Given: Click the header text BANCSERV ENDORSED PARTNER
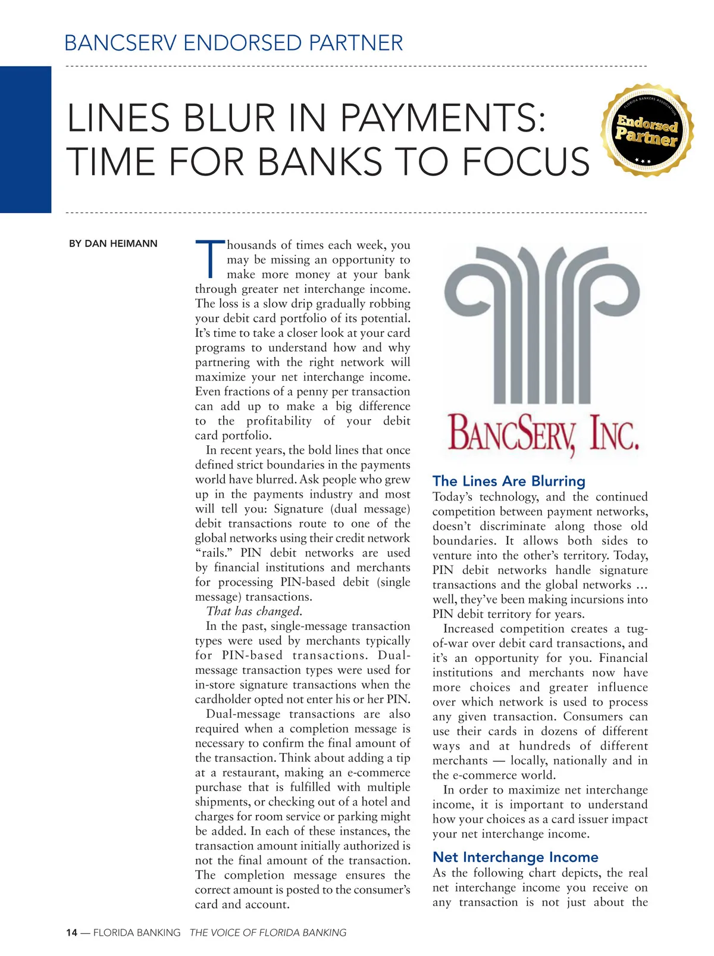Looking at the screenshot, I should click(x=233, y=43).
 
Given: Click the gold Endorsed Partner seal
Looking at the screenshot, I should click(x=647, y=130).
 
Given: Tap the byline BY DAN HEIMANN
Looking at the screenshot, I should click(x=113, y=243).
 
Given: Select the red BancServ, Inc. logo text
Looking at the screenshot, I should click(x=543, y=433).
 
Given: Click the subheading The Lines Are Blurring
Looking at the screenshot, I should click(x=509, y=481).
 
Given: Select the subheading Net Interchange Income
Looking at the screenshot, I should click(x=515, y=857).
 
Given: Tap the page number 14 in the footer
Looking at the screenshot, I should click(x=71, y=933).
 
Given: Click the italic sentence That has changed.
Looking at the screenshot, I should click(x=254, y=611).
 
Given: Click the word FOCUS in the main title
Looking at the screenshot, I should click(x=525, y=162).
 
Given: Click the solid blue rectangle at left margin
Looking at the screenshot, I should click(x=26, y=139).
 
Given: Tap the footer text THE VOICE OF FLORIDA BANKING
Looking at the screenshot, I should click(x=268, y=933).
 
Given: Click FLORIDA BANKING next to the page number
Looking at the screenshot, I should click(x=136, y=933).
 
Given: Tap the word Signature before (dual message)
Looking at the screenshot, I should click(x=298, y=509).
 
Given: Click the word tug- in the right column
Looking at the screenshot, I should click(x=637, y=629).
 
